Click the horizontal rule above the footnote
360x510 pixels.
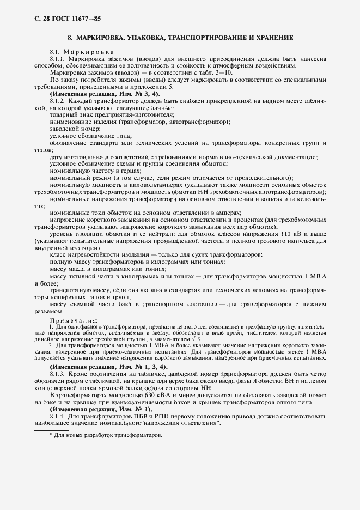click(55, 430)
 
